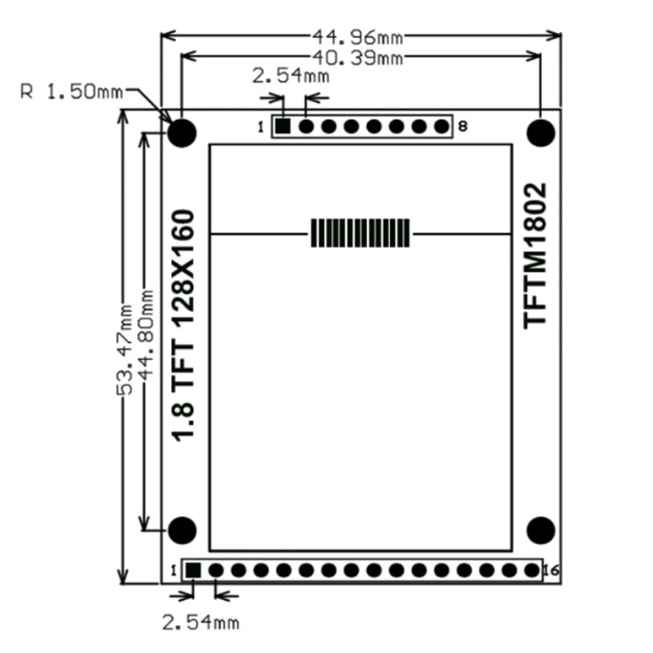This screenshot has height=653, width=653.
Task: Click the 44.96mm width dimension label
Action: point(358,37)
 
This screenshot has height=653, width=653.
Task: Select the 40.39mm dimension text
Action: point(358,57)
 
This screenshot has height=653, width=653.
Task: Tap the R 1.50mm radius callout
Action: point(71,91)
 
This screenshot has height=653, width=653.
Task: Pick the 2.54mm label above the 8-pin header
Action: point(291,76)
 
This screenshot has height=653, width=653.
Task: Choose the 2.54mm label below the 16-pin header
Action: point(200,622)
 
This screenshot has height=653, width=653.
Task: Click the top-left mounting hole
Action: point(182,132)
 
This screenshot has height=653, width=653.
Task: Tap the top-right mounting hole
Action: point(541,132)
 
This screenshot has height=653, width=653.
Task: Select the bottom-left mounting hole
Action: point(182,530)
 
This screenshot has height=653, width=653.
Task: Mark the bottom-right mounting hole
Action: point(541,530)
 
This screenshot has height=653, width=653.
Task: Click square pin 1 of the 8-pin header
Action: point(283,127)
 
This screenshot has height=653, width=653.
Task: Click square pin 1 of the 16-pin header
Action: point(193,570)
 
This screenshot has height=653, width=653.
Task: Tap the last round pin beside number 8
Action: point(441,127)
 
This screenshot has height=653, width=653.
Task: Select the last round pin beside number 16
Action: point(532,570)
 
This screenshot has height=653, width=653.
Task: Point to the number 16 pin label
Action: point(551,570)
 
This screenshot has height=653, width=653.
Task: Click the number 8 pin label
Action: point(463,127)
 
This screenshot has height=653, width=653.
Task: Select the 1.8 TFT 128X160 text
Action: point(183,325)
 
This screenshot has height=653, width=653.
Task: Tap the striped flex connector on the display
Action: point(360,233)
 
